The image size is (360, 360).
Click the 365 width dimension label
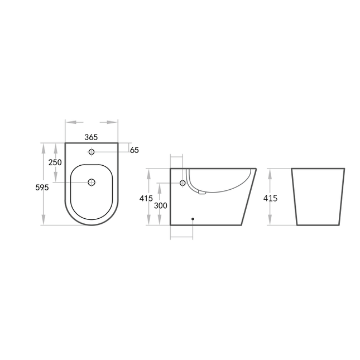pos(91,137)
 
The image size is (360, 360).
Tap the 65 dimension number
pos(135,150)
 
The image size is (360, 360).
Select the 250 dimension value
pos(55,162)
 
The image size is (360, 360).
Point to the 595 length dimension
pos(42,188)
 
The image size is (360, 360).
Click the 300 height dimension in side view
pos(161,205)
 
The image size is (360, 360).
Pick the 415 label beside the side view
pos(146,198)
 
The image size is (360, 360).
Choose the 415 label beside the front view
pos(270,198)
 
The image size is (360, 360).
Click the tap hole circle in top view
pos(92,151)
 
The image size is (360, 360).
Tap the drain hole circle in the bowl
pos(92,182)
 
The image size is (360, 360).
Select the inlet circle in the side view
pos(183,183)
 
